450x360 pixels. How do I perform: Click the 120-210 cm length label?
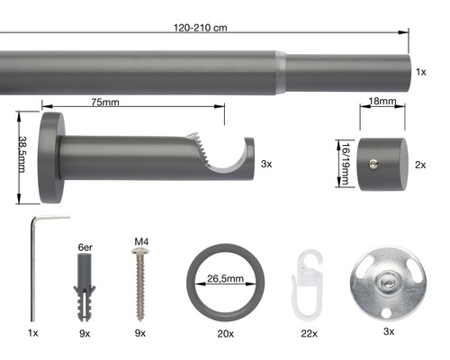click(201, 28)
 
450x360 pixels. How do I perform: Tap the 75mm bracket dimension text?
click(105, 103)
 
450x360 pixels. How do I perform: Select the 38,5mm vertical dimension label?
click(22, 154)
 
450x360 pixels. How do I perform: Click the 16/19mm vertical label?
click(346, 164)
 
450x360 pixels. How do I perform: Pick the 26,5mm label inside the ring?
click(225, 279)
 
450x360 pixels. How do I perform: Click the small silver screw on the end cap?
click(373, 164)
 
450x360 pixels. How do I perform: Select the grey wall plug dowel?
click(85, 287)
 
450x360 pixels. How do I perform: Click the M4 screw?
click(140, 284)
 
